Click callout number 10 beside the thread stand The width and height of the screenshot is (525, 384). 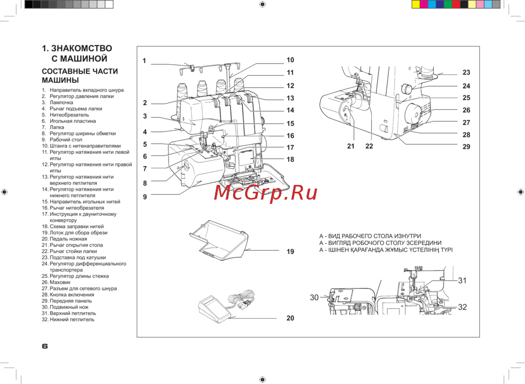tap(290, 60)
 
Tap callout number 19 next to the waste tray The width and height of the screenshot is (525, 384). tap(290, 252)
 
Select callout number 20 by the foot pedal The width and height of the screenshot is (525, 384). tap(290, 318)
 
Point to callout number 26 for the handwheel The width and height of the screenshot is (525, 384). tap(466, 110)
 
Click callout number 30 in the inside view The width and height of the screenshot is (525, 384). tap(314, 297)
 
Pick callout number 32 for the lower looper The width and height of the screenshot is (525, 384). tap(462, 307)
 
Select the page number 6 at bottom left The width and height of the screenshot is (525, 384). tap(45, 346)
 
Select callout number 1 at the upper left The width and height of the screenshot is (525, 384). tap(144, 61)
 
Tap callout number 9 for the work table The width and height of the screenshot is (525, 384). tap(145, 197)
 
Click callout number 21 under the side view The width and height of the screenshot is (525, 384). tap(351, 146)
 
